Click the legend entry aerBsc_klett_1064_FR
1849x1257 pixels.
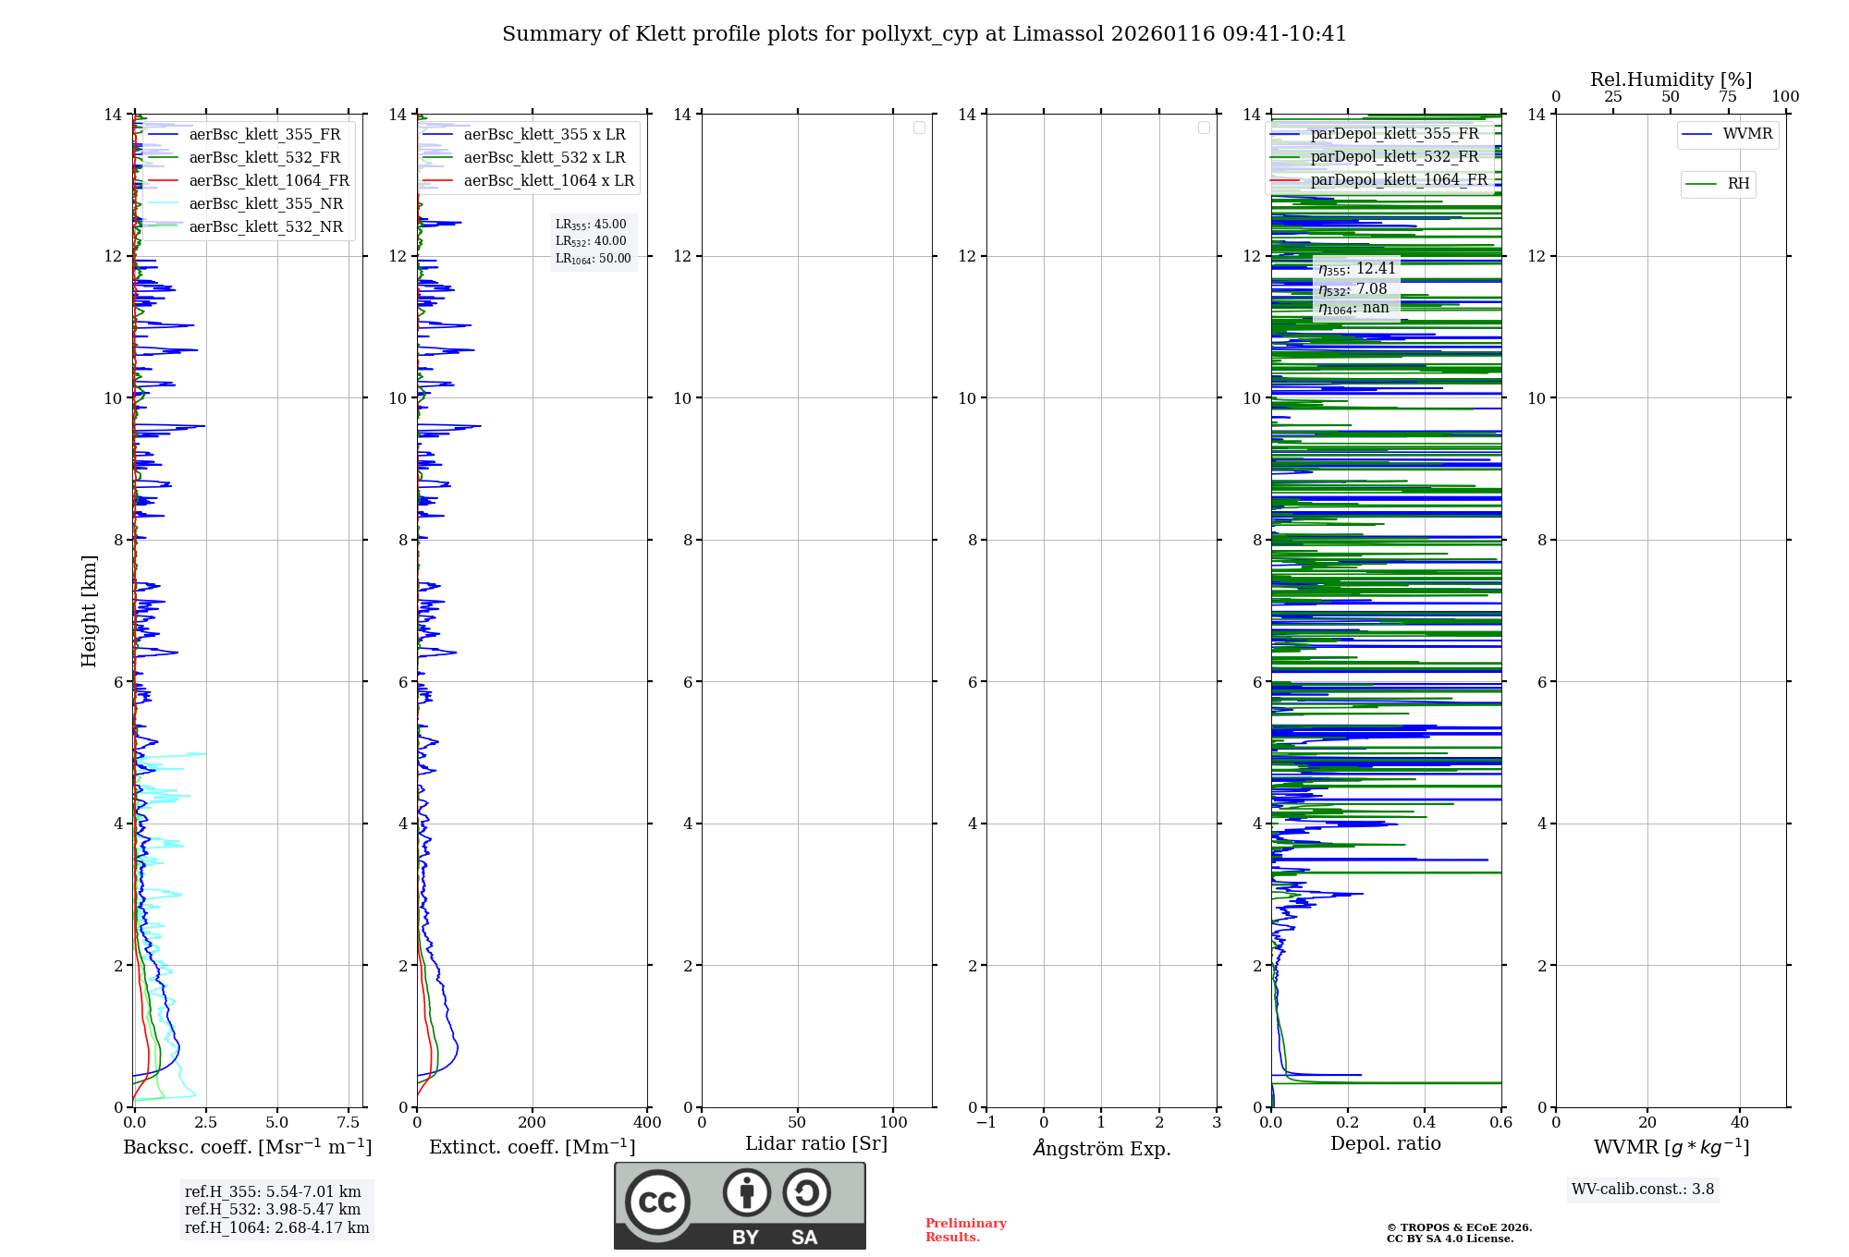tap(269, 180)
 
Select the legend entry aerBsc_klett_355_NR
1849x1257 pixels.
tap(265, 203)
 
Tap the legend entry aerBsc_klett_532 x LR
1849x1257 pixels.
tap(544, 157)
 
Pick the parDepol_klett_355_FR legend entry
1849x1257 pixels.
tap(1394, 133)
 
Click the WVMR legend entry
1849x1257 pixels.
tap(1747, 134)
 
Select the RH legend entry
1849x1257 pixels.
tap(1738, 184)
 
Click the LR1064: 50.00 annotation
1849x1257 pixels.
tap(593, 259)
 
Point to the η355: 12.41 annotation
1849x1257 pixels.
tap(1356, 269)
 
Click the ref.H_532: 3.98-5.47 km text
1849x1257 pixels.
tap(273, 1209)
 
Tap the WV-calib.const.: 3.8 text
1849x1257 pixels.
tap(1643, 1189)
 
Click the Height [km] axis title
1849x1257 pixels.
tap(89, 611)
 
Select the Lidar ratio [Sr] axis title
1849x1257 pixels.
tap(816, 1143)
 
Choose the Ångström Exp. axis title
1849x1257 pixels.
tap(1101, 1148)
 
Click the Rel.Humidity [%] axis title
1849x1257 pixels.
tap(1671, 79)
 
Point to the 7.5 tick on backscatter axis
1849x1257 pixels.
tap(349, 1122)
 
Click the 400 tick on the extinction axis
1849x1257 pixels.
tap(647, 1122)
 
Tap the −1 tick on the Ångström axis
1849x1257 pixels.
tap(986, 1122)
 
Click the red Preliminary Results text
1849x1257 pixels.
tap(965, 1229)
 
